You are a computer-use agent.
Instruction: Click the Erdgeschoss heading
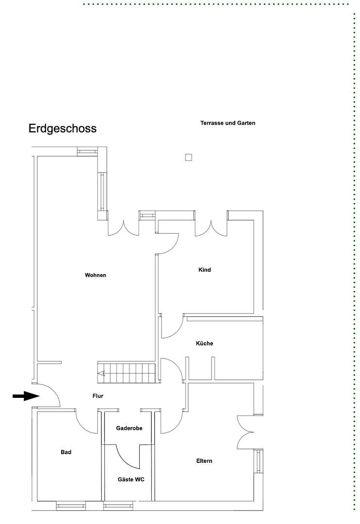pos(62,129)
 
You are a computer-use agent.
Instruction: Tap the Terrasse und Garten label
pos(228,123)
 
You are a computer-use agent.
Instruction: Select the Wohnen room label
pos(95,275)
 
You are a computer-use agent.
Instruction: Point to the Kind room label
pos(205,270)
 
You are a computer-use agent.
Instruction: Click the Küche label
pos(204,344)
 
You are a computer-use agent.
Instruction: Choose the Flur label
pos(98,396)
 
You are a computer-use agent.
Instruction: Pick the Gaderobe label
pos(129,428)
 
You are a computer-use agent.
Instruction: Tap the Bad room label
pos(66,452)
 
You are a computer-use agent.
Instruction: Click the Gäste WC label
pos(131,479)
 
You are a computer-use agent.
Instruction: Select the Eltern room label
pos(204,461)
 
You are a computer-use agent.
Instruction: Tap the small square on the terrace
pos(188,157)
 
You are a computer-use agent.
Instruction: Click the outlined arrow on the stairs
pos(102,373)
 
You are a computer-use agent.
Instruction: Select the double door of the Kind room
pos(211,228)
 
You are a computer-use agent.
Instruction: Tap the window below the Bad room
pos(71,507)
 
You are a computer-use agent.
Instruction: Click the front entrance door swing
pos(49,394)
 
